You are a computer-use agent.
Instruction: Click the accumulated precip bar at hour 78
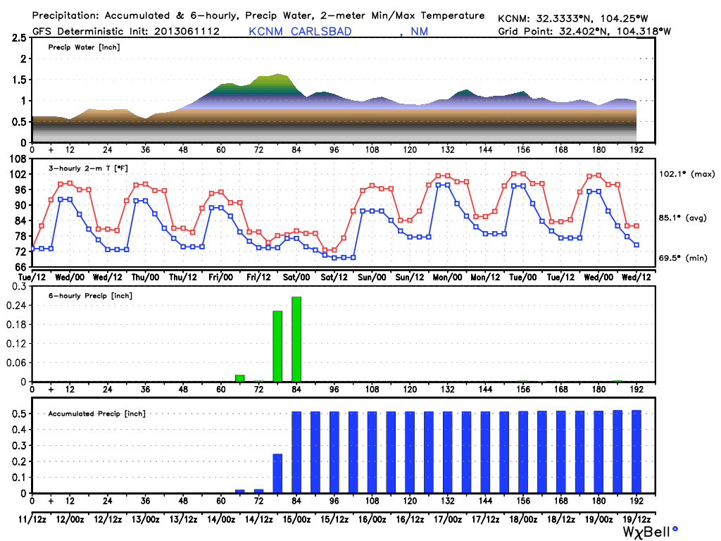tap(277, 473)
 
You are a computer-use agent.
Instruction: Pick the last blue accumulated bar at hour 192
tap(637, 452)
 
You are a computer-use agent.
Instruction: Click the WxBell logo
tap(648, 530)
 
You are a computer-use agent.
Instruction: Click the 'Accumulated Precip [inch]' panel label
tap(96, 413)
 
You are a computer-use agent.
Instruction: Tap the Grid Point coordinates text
tap(584, 31)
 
